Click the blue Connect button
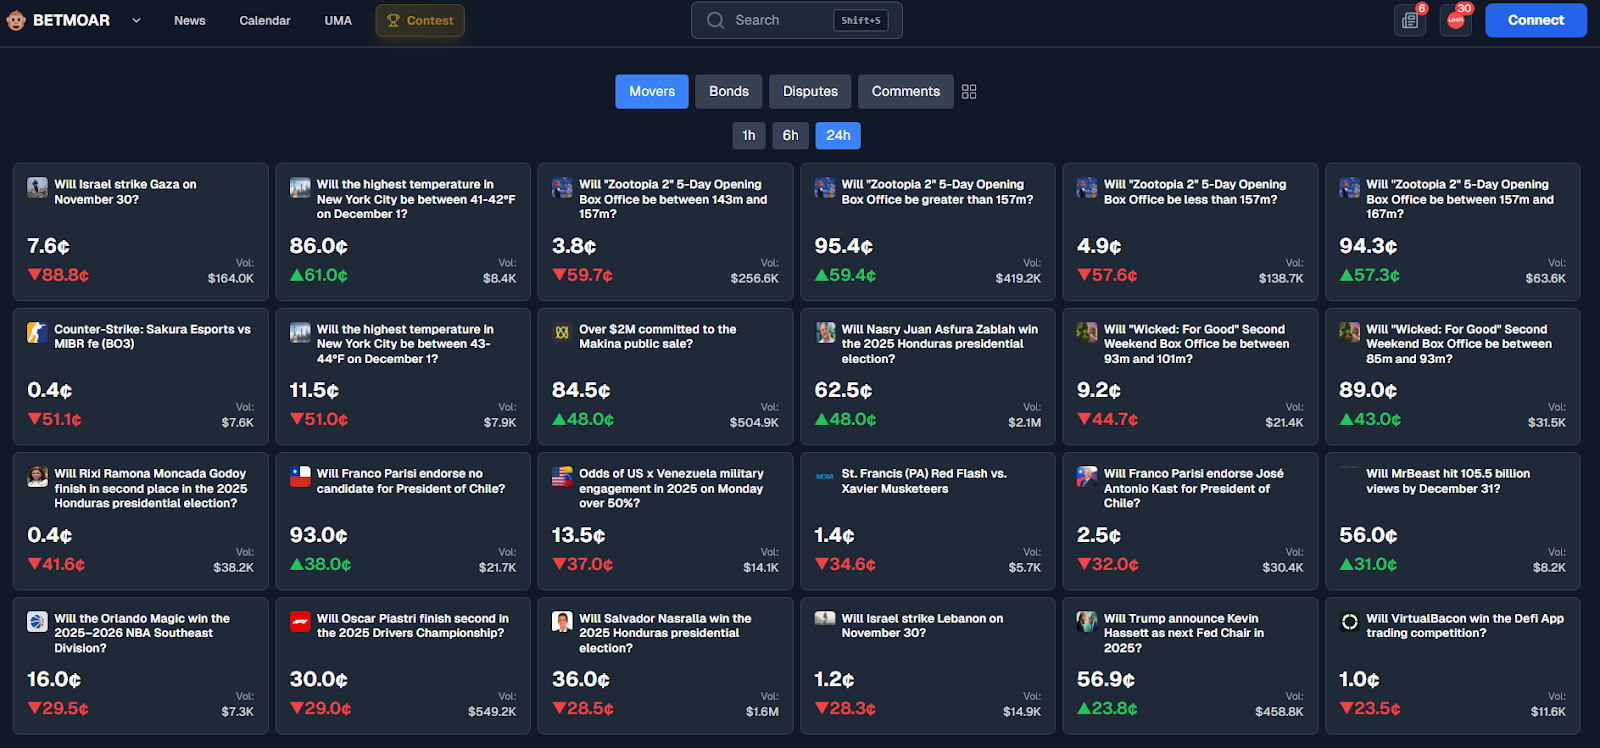pos(1536,20)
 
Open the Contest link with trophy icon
pos(420,21)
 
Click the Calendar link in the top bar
pos(264,21)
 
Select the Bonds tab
pos(729,91)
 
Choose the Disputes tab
pos(810,91)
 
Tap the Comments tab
pos(906,91)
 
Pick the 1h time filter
pos(749,135)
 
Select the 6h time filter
pos(790,135)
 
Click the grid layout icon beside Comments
pos(969,91)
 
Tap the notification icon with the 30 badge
pos(1456,20)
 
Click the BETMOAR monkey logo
pos(16,20)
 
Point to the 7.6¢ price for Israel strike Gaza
pos(49,246)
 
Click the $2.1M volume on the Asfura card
pos(1024,422)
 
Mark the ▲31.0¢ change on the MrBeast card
pos(1369,564)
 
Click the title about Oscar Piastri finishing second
pos(412,626)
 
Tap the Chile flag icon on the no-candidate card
pos(300,476)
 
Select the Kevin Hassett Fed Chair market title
pos(1184,633)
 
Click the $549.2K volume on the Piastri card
pos(491,712)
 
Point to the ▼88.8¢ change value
pos(58,275)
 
